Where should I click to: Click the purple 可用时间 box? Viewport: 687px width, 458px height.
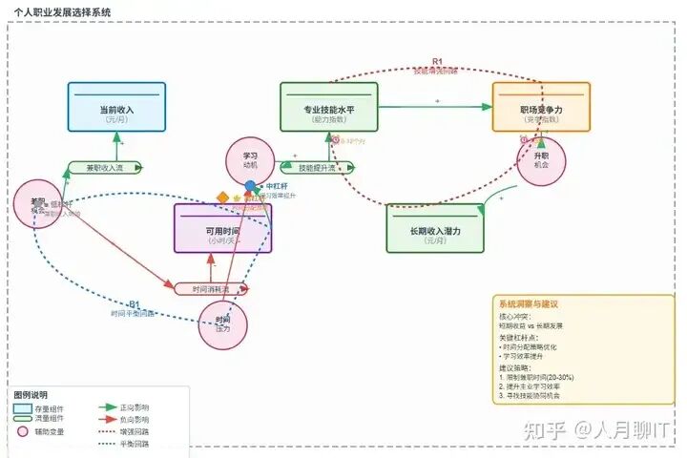223,228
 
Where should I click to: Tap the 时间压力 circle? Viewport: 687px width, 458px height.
223,324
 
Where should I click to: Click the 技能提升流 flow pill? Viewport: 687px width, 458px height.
314,168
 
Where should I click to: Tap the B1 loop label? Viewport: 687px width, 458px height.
134,304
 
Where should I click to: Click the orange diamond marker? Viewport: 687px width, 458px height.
222,198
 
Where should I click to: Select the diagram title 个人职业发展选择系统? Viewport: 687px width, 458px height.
62,11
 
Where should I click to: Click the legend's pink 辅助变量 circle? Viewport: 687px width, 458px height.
24,431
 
